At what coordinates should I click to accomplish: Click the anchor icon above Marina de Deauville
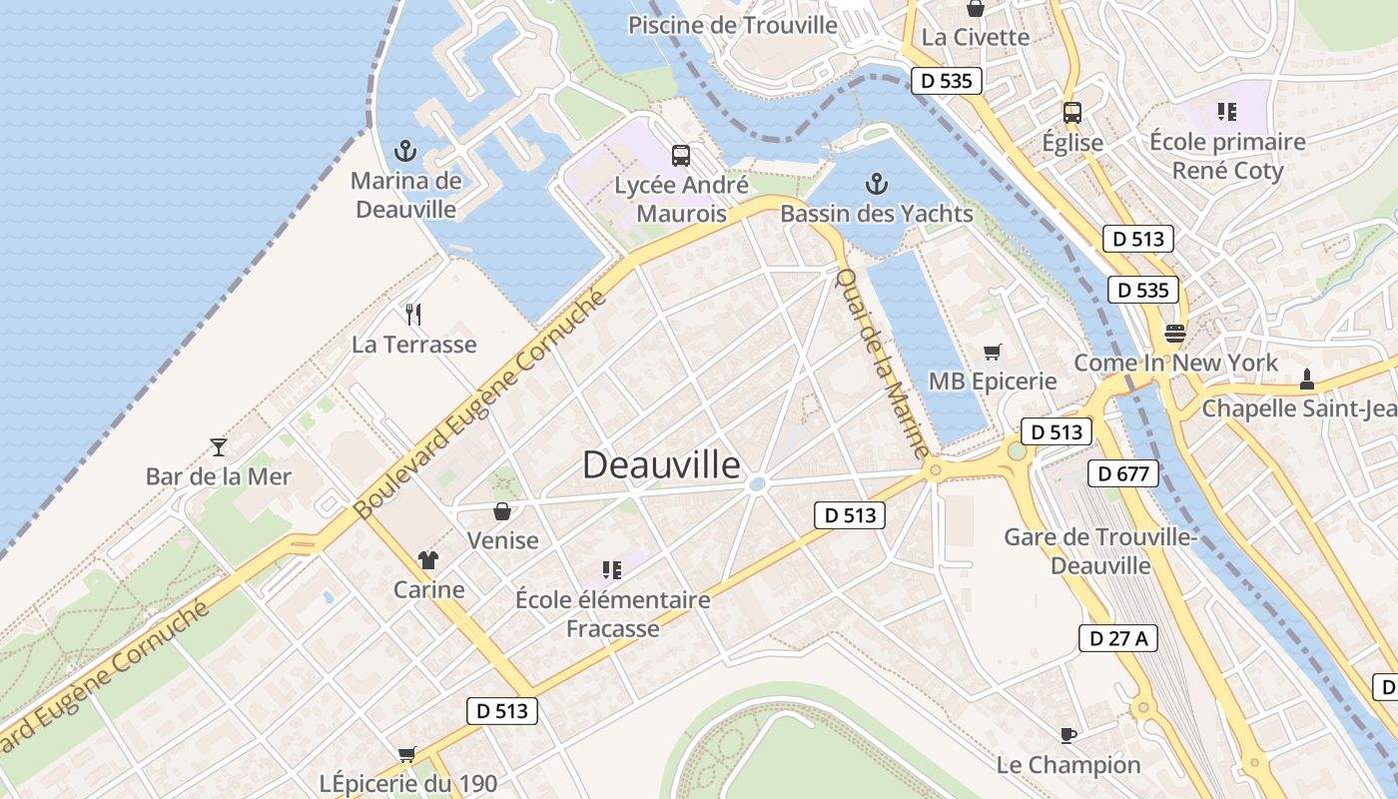405,152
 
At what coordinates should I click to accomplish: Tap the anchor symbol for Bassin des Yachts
876,184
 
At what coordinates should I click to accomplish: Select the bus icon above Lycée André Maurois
681,155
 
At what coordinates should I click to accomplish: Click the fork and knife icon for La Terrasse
413,315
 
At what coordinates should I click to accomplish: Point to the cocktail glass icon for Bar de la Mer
219,446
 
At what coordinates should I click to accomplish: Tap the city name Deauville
661,465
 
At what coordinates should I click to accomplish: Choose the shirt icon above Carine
428,559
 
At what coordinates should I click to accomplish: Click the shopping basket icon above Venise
502,511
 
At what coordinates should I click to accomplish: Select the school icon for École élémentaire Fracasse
612,570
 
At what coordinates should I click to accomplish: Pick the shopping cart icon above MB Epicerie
992,352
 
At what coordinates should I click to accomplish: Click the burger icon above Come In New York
1175,333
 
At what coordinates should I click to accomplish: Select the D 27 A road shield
1117,638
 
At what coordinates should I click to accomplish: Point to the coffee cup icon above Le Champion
1067,736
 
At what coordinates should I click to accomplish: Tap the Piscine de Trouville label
732,25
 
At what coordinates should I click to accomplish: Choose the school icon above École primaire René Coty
1227,112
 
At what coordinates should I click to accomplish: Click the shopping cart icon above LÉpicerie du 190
406,754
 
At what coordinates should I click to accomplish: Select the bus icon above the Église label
1072,113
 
